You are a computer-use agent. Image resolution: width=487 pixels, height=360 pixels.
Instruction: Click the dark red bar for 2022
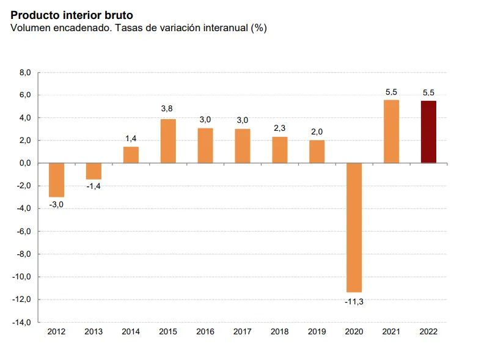(428, 132)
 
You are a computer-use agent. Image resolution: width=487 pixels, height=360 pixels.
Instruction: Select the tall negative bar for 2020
(354, 227)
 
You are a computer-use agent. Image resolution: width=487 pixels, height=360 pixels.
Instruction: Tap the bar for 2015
(168, 141)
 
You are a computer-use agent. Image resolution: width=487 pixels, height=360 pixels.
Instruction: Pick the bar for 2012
(56, 180)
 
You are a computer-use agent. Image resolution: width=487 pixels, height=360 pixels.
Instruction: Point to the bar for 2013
(93, 171)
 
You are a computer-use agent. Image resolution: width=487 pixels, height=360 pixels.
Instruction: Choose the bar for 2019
(317, 152)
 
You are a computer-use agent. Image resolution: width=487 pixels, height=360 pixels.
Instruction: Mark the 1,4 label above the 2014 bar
(131, 138)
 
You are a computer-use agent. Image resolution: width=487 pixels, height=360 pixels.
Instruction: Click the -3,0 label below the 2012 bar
(56, 205)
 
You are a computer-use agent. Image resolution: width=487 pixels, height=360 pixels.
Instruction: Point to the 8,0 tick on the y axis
(24, 72)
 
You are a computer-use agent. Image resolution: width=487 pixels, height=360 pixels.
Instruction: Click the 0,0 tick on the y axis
(24, 163)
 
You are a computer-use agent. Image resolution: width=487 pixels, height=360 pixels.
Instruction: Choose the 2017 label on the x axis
(242, 332)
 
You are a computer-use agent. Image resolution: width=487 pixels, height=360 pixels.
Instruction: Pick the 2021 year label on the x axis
(391, 332)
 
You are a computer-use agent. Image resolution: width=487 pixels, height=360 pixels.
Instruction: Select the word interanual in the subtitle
(219, 28)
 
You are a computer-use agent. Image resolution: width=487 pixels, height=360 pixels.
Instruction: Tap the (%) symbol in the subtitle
(259, 28)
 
